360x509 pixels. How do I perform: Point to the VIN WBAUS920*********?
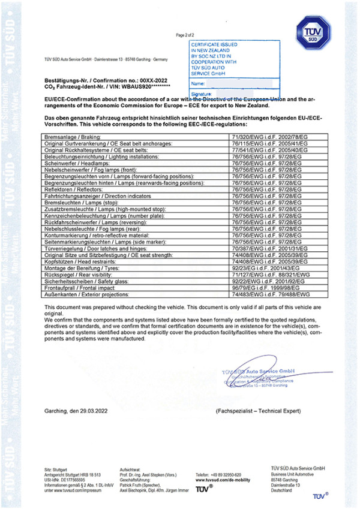tap(146, 87)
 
